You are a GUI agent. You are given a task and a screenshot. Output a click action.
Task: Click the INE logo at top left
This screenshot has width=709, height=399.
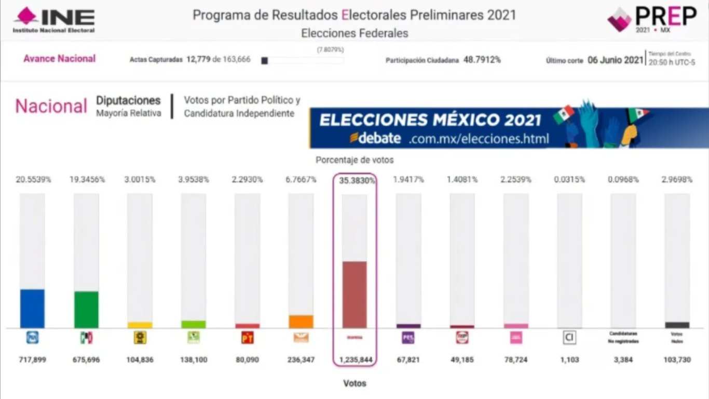coord(54,20)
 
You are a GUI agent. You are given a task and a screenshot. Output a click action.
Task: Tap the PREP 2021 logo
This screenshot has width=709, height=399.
coord(652,20)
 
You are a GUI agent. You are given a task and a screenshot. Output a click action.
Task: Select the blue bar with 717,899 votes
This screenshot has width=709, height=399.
coord(32,309)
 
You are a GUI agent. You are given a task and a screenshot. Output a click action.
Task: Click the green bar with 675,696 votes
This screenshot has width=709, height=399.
coord(86,310)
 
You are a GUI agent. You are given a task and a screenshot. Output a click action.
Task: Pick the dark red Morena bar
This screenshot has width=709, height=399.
coord(354,295)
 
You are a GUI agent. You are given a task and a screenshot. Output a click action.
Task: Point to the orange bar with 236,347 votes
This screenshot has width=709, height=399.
coord(301,322)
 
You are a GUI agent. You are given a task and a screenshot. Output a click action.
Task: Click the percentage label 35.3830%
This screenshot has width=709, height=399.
coord(354,180)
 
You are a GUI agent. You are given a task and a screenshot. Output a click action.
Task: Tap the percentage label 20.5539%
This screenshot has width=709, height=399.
coord(33,180)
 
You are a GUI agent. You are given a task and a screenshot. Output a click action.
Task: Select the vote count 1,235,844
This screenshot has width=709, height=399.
coord(354,360)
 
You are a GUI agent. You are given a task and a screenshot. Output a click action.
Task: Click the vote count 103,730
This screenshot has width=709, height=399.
coord(677,360)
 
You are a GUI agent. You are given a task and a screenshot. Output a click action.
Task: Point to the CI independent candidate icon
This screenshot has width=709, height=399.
coord(569,338)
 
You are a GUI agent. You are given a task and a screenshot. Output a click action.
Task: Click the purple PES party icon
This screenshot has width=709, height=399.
coord(408,338)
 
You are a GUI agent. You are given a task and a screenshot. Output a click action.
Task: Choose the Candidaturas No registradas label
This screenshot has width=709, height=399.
coord(623,337)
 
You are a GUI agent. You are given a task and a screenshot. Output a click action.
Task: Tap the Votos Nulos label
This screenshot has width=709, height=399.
coord(677,337)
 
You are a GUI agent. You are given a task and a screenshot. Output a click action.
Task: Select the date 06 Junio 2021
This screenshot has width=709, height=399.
coord(615,60)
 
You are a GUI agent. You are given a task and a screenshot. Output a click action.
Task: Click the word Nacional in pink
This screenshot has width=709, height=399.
coord(51,107)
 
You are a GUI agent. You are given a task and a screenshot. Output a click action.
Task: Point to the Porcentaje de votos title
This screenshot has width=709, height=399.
coord(354,160)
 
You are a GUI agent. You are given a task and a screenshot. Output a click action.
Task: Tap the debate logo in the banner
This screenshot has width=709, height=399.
coord(375,138)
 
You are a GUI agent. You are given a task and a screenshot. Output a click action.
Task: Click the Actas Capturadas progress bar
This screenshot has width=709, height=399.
coord(302,61)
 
